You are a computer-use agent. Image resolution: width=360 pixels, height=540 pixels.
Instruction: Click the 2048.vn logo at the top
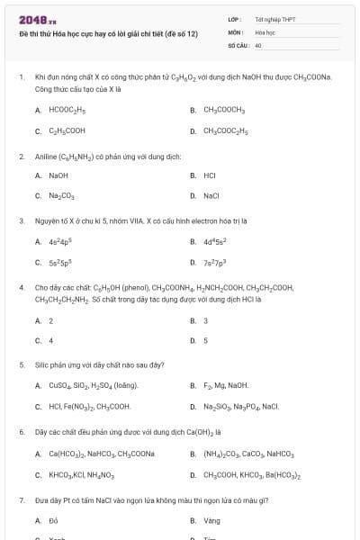[31, 19]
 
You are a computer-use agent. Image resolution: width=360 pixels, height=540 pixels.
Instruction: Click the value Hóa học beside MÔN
[264, 31]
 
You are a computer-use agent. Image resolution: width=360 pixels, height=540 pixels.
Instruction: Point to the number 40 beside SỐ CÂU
[258, 44]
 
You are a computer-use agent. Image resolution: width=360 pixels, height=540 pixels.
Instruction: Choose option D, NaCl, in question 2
[211, 195]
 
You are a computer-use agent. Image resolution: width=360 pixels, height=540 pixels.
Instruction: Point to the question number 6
[21, 432]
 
